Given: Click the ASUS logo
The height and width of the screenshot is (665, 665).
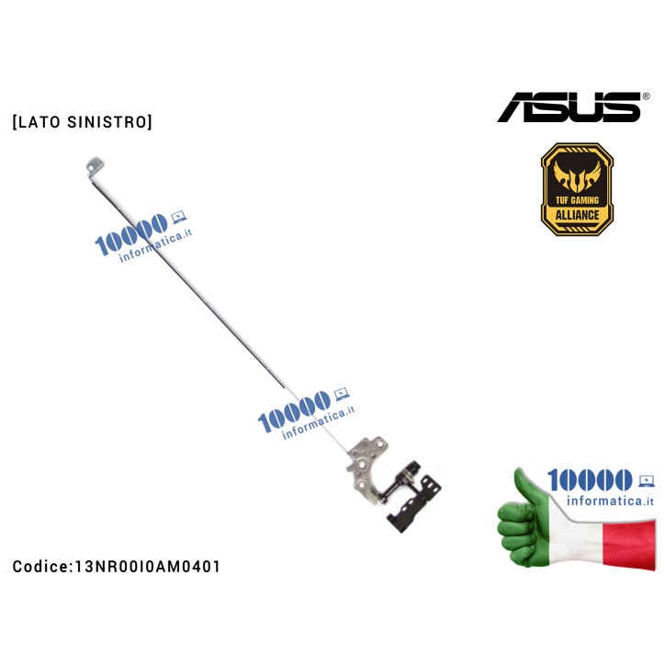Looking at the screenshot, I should [568, 107].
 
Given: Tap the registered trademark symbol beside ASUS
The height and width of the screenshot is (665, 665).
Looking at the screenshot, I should [646, 96].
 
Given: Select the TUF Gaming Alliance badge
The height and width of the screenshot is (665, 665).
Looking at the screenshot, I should [576, 189].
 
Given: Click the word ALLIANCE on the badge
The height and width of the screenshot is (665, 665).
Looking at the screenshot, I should [576, 215].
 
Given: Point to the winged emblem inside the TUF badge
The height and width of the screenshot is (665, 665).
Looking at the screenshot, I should [576, 172].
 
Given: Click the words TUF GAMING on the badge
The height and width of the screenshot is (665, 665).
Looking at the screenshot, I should [576, 198].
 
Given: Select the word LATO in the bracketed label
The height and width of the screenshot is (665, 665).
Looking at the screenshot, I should [39, 121].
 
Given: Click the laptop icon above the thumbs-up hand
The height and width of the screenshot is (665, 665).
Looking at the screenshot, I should [646, 479].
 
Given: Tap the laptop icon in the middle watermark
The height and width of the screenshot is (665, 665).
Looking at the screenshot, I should [342, 397].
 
